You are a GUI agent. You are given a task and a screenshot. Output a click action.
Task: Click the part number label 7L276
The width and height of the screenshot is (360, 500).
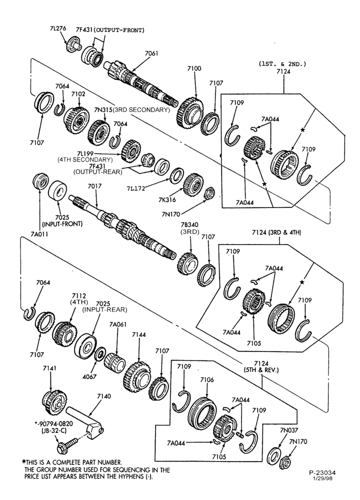coord(57,28)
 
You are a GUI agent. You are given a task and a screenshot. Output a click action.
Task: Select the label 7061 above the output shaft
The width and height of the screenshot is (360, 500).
coord(151,53)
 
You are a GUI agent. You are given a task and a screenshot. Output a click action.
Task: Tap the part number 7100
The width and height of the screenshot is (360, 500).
coord(194,68)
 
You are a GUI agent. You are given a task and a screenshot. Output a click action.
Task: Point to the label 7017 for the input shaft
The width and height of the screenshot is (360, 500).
coord(94,186)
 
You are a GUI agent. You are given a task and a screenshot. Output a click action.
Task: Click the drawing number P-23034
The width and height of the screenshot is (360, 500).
coord(322,473)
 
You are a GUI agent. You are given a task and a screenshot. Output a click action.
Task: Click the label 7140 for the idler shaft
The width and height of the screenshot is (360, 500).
coord(104,396)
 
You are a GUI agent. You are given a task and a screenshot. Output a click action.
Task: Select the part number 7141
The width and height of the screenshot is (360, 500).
coord(49,368)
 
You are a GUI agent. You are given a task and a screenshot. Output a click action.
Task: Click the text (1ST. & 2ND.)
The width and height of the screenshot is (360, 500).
coord(282,64)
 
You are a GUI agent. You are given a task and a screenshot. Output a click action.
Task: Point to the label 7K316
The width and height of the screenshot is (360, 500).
coord(167,200)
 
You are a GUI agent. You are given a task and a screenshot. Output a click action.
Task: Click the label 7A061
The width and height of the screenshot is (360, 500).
coord(118,324)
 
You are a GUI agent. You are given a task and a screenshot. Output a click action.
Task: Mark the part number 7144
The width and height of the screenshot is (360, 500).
coord(138,334)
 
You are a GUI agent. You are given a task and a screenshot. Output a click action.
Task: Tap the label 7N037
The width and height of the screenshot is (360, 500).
coord(289,430)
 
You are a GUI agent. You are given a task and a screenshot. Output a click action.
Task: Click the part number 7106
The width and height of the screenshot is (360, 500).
coord(207,380)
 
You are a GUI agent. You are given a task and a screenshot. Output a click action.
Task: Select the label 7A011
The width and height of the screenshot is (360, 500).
coord(39,233)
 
